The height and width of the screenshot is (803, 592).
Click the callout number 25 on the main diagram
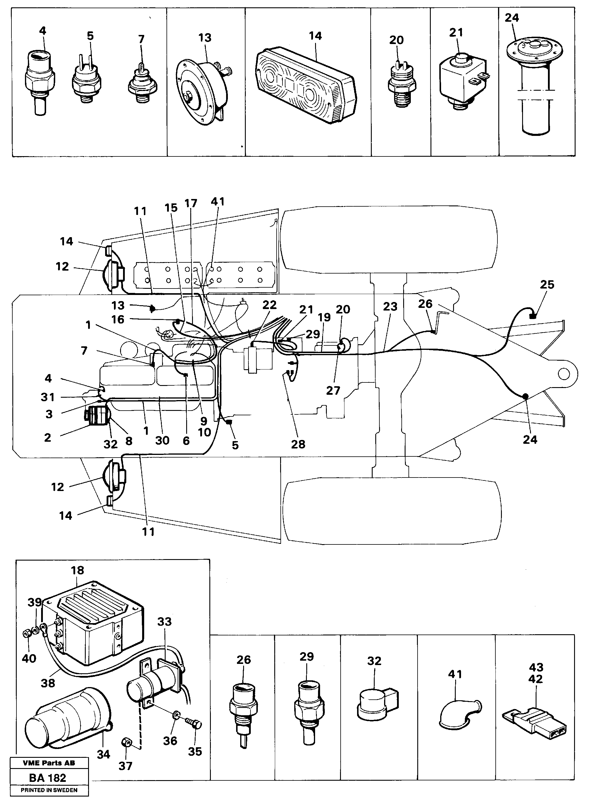click(547, 285)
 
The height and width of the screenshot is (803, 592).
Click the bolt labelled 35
click(194, 723)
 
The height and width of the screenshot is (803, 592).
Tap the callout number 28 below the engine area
click(298, 444)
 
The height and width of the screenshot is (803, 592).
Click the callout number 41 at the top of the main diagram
click(218, 202)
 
